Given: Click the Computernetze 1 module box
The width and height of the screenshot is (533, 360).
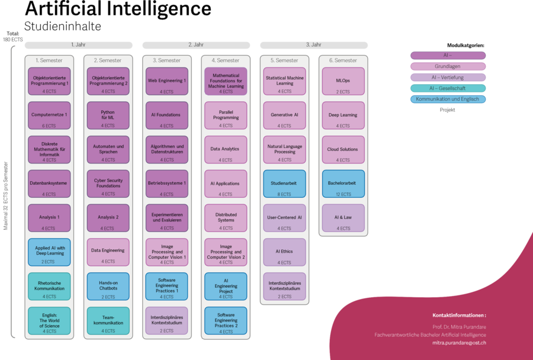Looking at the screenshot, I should tap(49, 115).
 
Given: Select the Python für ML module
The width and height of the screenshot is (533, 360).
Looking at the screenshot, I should tap(108, 115).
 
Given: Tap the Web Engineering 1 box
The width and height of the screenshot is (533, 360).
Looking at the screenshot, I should tap(167, 82).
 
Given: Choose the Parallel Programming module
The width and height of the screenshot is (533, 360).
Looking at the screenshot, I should tap(226, 115).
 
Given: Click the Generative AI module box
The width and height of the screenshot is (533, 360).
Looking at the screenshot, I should tap(284, 115).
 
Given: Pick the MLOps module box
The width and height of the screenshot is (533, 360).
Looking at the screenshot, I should tap(343, 82).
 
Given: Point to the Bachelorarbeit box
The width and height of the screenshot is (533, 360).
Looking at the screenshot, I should tap(343, 184).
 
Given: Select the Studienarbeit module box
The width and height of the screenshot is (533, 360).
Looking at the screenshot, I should tap(284, 184).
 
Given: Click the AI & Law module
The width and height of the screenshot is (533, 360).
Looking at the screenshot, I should tap(343, 218).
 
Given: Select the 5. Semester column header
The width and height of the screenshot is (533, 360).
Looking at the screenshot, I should tap(284, 60).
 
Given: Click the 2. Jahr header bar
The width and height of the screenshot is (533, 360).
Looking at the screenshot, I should tap(196, 45).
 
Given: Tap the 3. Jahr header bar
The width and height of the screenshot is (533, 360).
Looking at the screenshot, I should tap(314, 45).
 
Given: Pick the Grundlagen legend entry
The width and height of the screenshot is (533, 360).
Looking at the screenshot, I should tap(448, 66).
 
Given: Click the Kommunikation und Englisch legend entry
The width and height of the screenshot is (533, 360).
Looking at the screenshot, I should tap(448, 99).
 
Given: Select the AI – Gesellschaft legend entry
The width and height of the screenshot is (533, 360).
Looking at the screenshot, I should tap(448, 88).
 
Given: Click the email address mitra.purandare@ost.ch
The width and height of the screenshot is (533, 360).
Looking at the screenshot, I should tap(459, 343).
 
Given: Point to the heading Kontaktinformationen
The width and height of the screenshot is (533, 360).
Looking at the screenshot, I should tap(459, 316).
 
